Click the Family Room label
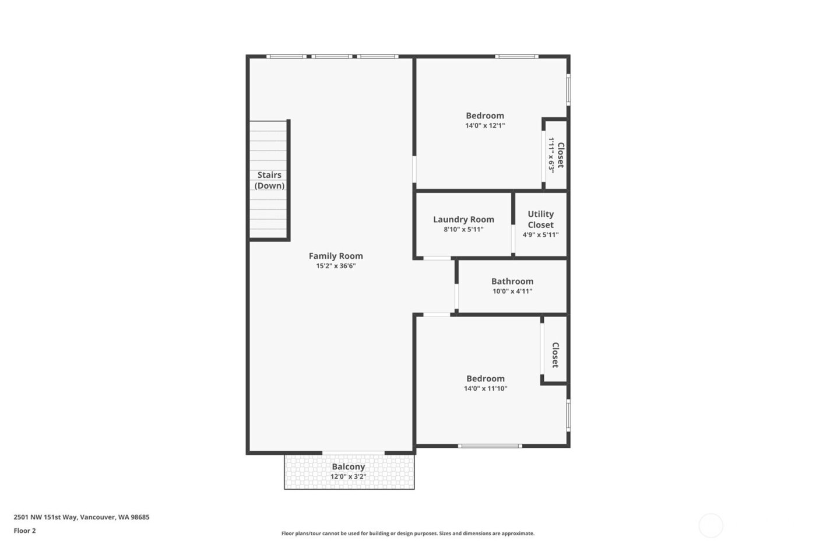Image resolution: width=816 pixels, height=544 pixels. pos(336,256)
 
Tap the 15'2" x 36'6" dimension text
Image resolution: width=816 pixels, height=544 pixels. pos(336,266)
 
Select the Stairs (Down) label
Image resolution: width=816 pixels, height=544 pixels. pos(269,180)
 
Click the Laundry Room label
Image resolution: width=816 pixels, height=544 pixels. pos(463,219)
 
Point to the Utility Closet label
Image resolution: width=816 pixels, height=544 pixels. pos(540,219)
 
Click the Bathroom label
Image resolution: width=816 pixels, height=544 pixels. pos(512,281)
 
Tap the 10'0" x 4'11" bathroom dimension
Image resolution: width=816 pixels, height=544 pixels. pos(512,291)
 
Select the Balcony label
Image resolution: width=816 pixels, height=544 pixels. pos(348,466)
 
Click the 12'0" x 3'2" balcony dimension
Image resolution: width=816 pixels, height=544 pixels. pos(348,476)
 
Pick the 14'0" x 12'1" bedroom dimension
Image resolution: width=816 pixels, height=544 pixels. pos(484,125)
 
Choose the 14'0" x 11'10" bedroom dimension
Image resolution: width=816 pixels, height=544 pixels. pos(485,388)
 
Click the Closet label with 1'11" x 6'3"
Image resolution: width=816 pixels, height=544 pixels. pos(560,155)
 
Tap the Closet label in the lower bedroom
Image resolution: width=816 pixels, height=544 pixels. pos(555,355)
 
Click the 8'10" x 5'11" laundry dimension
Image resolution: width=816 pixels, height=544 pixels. pos(463,229)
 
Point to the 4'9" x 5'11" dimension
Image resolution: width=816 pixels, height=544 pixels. pos(540,235)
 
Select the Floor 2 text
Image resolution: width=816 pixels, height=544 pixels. pos(24,531)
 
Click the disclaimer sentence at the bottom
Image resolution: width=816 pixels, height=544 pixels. pos(407,534)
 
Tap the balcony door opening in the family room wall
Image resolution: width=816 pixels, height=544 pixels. pos(353,452)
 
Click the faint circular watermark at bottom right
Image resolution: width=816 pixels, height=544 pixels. pos(711,525)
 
